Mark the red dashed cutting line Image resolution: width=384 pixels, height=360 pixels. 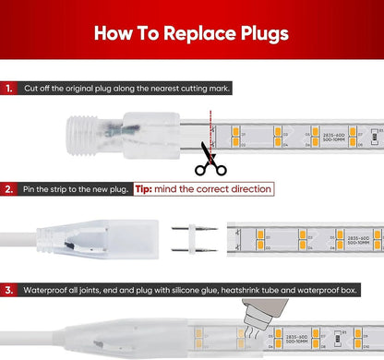click(x=210, y=129)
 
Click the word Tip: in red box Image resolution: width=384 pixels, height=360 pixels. click(x=148, y=188)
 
